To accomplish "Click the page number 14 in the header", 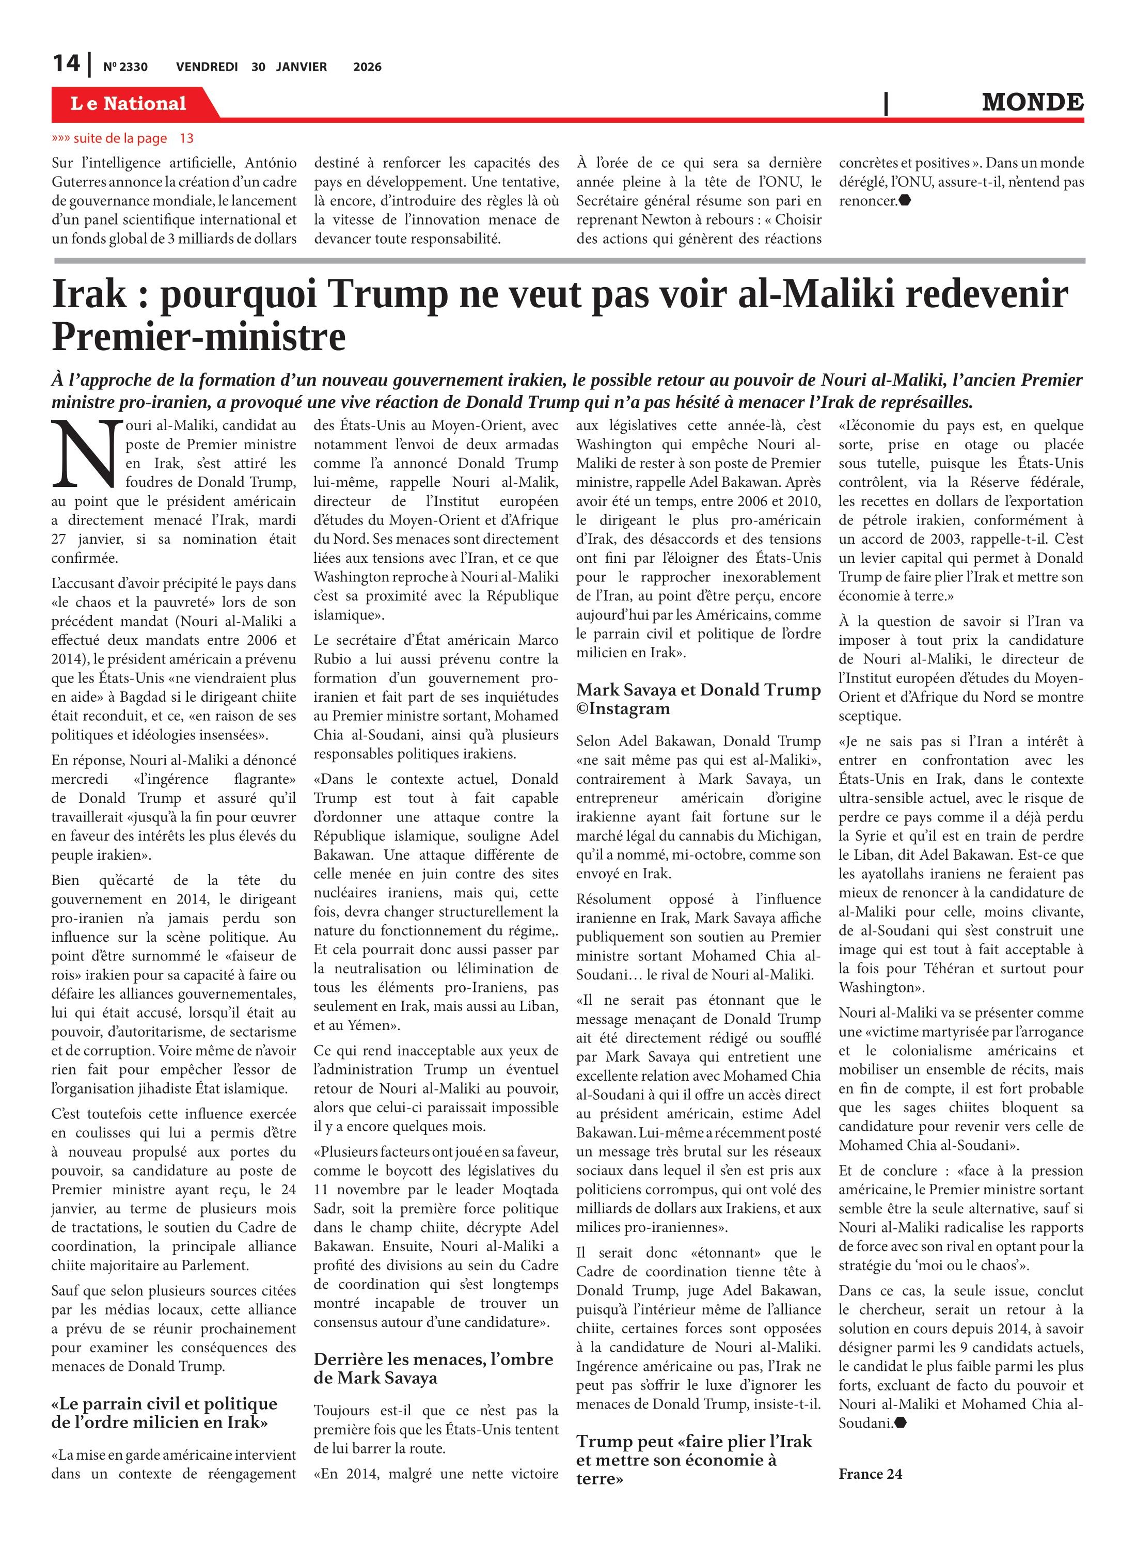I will coord(66,64).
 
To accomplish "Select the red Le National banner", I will coord(129,103).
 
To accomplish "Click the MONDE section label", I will coord(1032,102).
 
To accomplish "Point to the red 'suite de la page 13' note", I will coord(122,138).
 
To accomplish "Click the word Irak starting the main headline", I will coord(89,294).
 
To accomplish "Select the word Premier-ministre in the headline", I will coord(199,337).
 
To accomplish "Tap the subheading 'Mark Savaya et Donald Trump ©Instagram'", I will coord(698,699).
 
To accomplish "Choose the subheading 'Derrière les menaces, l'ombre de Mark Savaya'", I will coord(433,1368).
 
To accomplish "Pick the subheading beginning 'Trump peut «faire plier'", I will coord(694,1459).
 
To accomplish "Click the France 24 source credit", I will coord(870,1474).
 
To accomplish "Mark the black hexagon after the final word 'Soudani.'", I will coord(900,1422).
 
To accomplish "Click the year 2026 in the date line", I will coord(367,67).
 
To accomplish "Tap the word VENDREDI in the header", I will coord(207,67).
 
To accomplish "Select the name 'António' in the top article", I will coord(270,163).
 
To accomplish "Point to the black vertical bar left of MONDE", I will coord(886,103).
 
